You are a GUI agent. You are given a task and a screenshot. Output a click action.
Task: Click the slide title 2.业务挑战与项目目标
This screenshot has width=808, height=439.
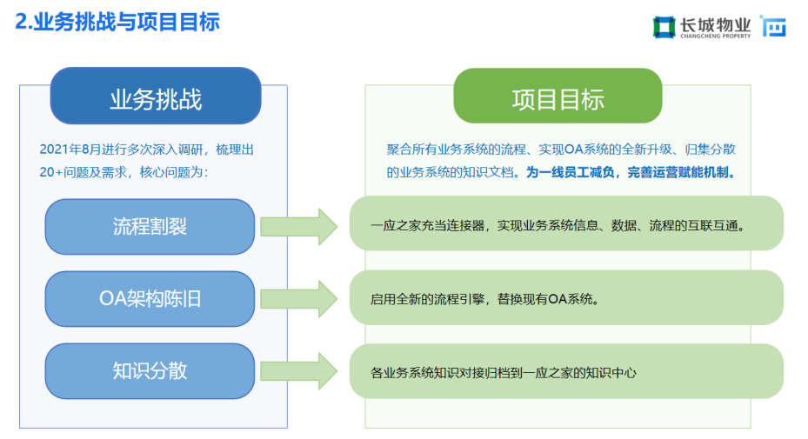click(x=117, y=22)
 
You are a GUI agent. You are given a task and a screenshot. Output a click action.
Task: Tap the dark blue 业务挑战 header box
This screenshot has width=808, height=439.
click(x=156, y=96)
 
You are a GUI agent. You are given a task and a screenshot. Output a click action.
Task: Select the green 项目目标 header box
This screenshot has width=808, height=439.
click(x=558, y=96)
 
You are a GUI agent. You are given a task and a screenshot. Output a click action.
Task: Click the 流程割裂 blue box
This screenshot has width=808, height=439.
click(x=150, y=227)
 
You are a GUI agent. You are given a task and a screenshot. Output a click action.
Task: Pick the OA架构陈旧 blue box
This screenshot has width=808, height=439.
click(x=150, y=299)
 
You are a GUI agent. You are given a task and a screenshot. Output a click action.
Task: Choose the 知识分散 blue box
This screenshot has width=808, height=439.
click(x=150, y=371)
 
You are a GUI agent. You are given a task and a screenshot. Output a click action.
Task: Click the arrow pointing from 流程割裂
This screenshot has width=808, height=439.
click(x=299, y=227)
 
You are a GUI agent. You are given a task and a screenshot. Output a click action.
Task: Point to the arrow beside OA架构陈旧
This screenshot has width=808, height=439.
click(x=299, y=299)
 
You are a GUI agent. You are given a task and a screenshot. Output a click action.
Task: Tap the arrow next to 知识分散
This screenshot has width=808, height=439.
click(x=299, y=371)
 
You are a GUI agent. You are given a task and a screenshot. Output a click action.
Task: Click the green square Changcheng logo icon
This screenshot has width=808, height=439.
click(x=664, y=27)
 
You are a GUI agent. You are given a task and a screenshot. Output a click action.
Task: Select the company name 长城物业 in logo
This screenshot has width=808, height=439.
click(x=715, y=24)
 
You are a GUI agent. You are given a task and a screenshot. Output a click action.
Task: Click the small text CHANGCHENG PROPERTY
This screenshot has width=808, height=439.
click(x=715, y=36)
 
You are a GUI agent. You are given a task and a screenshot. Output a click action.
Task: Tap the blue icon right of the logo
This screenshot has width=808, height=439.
click(x=773, y=26)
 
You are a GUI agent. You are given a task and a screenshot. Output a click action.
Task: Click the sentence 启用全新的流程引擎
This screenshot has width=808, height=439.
click(x=427, y=299)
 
